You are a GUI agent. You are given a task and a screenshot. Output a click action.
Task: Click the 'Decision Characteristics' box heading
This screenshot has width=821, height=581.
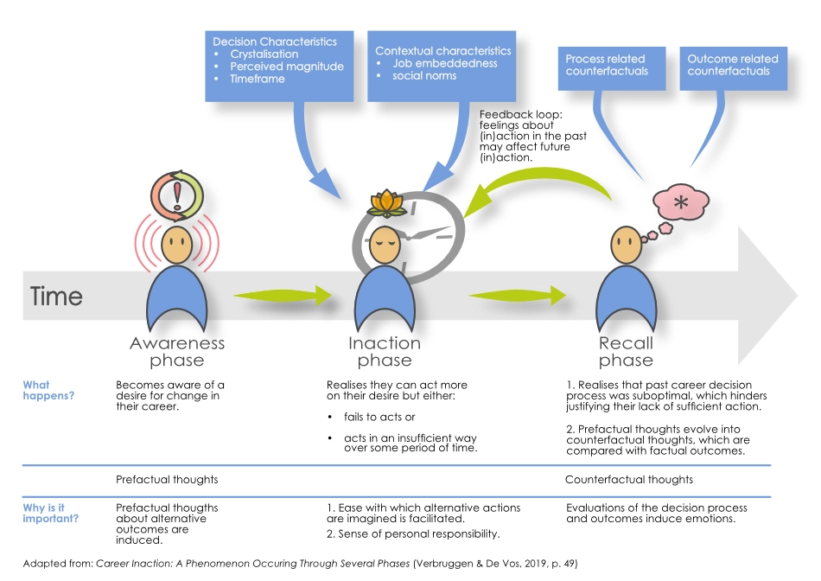click(274, 41)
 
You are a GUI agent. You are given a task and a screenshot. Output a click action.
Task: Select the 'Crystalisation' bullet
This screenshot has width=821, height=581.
click(264, 54)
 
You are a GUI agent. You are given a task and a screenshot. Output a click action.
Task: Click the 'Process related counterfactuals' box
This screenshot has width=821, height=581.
click(606, 65)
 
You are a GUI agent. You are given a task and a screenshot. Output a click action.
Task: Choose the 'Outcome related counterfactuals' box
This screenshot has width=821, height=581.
click(732, 65)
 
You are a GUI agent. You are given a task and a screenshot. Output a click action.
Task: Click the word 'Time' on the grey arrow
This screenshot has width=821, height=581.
click(57, 297)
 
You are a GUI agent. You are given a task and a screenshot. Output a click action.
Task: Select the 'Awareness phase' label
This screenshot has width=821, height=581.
click(177, 351)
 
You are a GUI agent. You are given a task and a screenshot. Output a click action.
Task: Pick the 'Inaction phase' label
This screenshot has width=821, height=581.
click(385, 351)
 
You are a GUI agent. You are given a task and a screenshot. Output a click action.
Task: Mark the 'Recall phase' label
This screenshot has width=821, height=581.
click(626, 351)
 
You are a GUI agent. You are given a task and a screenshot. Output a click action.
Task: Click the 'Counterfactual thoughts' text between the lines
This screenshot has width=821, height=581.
click(628, 479)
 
